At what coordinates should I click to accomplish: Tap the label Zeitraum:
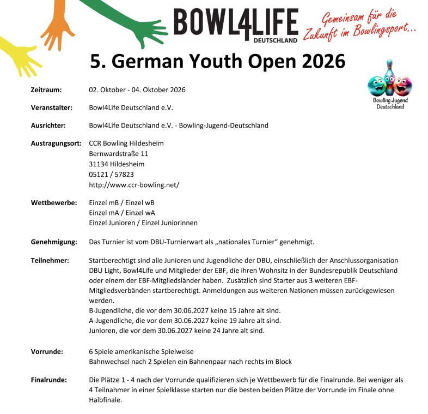point(46,89)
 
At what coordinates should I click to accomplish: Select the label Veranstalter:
point(52,107)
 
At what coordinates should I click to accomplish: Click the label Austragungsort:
point(56,143)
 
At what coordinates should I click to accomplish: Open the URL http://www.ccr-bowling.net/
point(134,185)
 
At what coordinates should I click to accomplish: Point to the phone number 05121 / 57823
point(111,175)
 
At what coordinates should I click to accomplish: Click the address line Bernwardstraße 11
point(118,154)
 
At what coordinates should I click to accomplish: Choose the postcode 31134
point(98,164)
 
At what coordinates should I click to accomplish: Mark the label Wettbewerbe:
point(53,203)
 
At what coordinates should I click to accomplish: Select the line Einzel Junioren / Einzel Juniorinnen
point(143,223)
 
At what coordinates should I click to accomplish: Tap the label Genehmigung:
point(53,241)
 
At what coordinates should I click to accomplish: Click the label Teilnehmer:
point(50,260)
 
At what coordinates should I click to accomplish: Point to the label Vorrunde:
point(47,351)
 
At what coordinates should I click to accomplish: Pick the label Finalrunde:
point(49,379)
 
